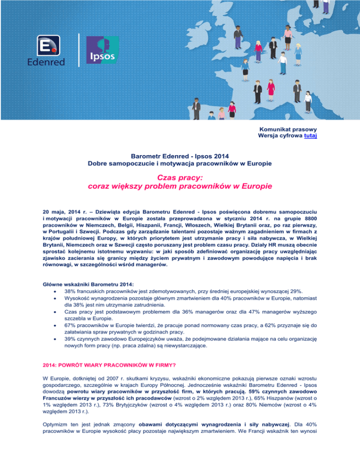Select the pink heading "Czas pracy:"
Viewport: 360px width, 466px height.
[180, 177]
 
